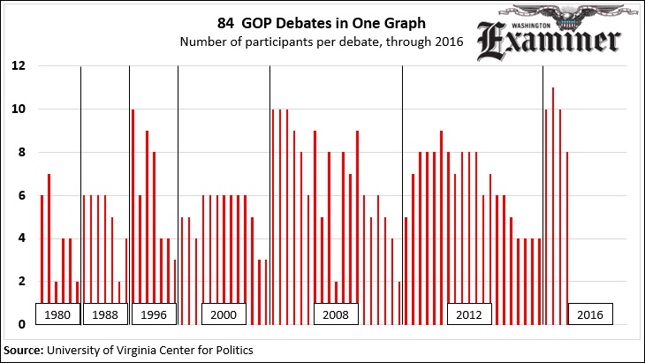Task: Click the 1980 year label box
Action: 57,314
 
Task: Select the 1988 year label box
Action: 105,314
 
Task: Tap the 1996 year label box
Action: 154,314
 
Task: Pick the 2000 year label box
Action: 224,314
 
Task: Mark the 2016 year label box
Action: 589,314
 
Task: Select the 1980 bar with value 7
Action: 49,248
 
